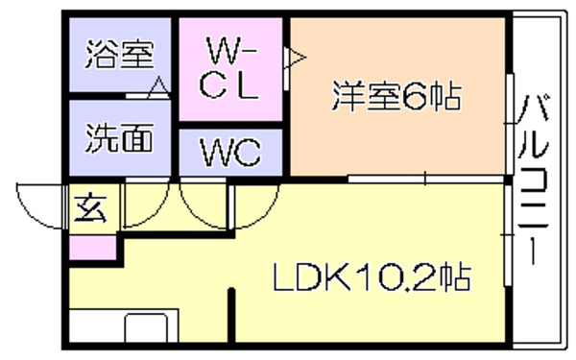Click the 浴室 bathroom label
tap(120, 55)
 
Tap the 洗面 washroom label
tap(120, 138)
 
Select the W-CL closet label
tap(229, 69)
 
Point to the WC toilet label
tap(230, 152)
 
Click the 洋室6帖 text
tap(396, 96)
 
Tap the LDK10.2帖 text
tap(372, 277)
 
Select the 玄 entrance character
tap(90, 208)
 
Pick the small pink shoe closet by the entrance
tap(92, 248)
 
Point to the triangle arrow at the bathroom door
tap(158, 86)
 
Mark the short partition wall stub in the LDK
tap(231, 315)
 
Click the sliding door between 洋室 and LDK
tap(426, 180)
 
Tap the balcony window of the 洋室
tap(510, 124)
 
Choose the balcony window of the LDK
tap(508, 235)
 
